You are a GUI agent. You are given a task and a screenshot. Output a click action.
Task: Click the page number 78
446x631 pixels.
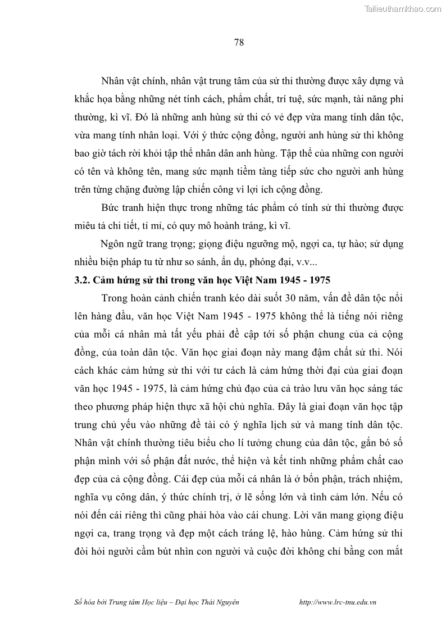239,43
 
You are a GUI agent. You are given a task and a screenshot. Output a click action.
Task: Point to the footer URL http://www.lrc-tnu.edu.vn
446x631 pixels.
338,601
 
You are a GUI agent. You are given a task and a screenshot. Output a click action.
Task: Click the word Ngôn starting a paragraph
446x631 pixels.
112,244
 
